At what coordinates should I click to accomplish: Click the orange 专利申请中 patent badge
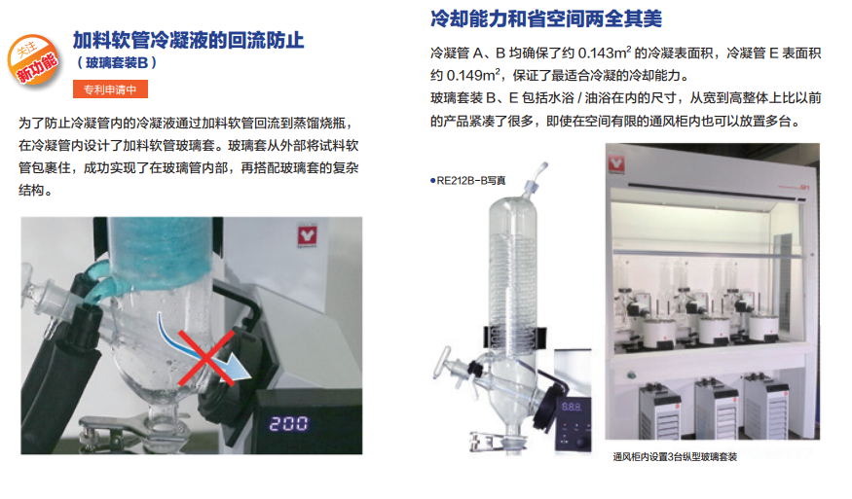click(x=110, y=89)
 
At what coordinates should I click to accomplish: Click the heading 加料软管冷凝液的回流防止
click(x=189, y=40)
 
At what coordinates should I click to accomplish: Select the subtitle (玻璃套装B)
click(x=117, y=63)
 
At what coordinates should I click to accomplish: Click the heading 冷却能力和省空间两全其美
click(x=546, y=18)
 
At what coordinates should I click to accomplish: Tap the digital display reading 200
click(x=288, y=423)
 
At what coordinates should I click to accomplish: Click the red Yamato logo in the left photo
click(x=307, y=235)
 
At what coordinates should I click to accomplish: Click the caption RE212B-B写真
click(x=467, y=181)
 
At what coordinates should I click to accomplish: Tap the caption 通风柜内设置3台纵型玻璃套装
click(x=675, y=456)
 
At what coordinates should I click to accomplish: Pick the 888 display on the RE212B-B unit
click(x=571, y=407)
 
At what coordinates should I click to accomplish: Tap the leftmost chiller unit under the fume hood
click(x=659, y=411)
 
